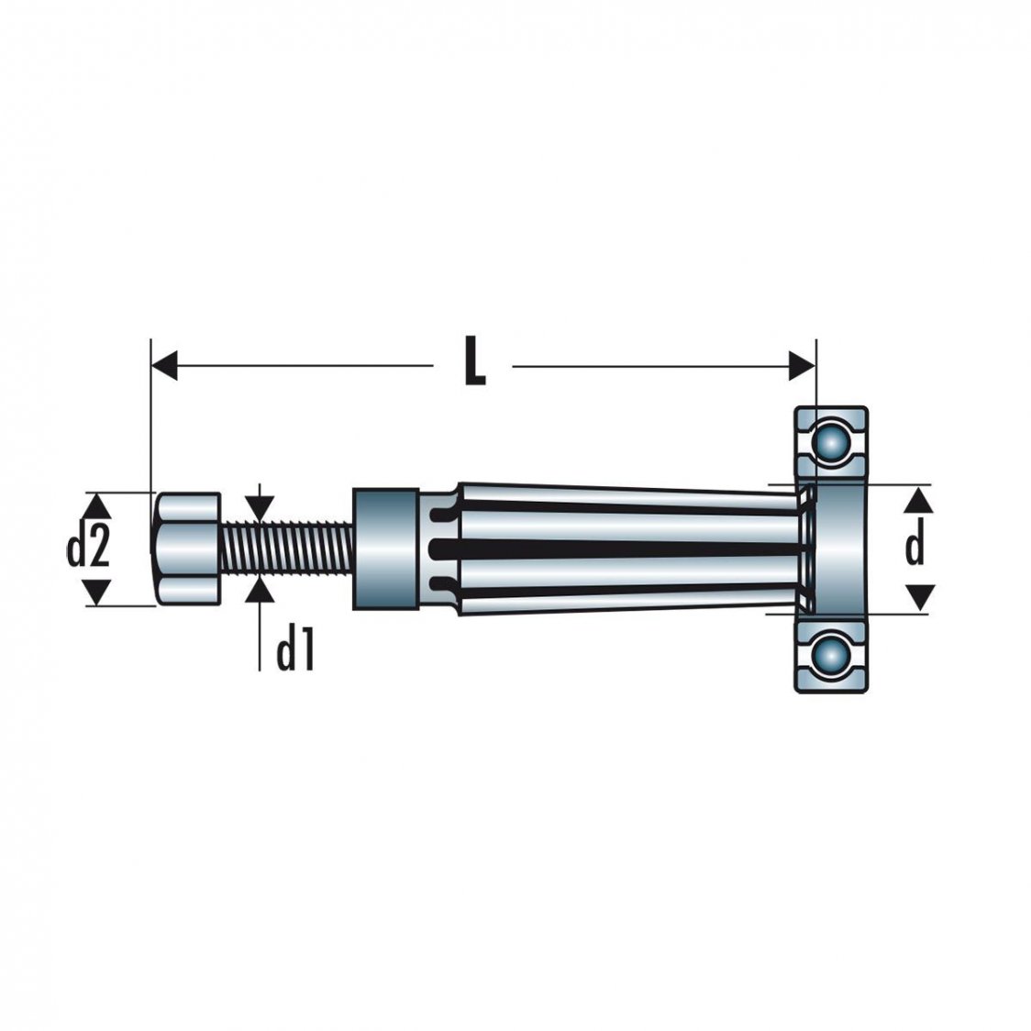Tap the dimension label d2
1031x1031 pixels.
tap(89, 549)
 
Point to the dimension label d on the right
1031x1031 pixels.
tap(915, 548)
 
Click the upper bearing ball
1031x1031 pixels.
tap(831, 441)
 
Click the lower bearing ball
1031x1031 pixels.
tap(831, 656)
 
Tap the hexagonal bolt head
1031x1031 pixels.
tap(188, 548)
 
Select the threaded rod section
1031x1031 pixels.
tap(285, 549)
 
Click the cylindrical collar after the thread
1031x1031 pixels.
tap(383, 548)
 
